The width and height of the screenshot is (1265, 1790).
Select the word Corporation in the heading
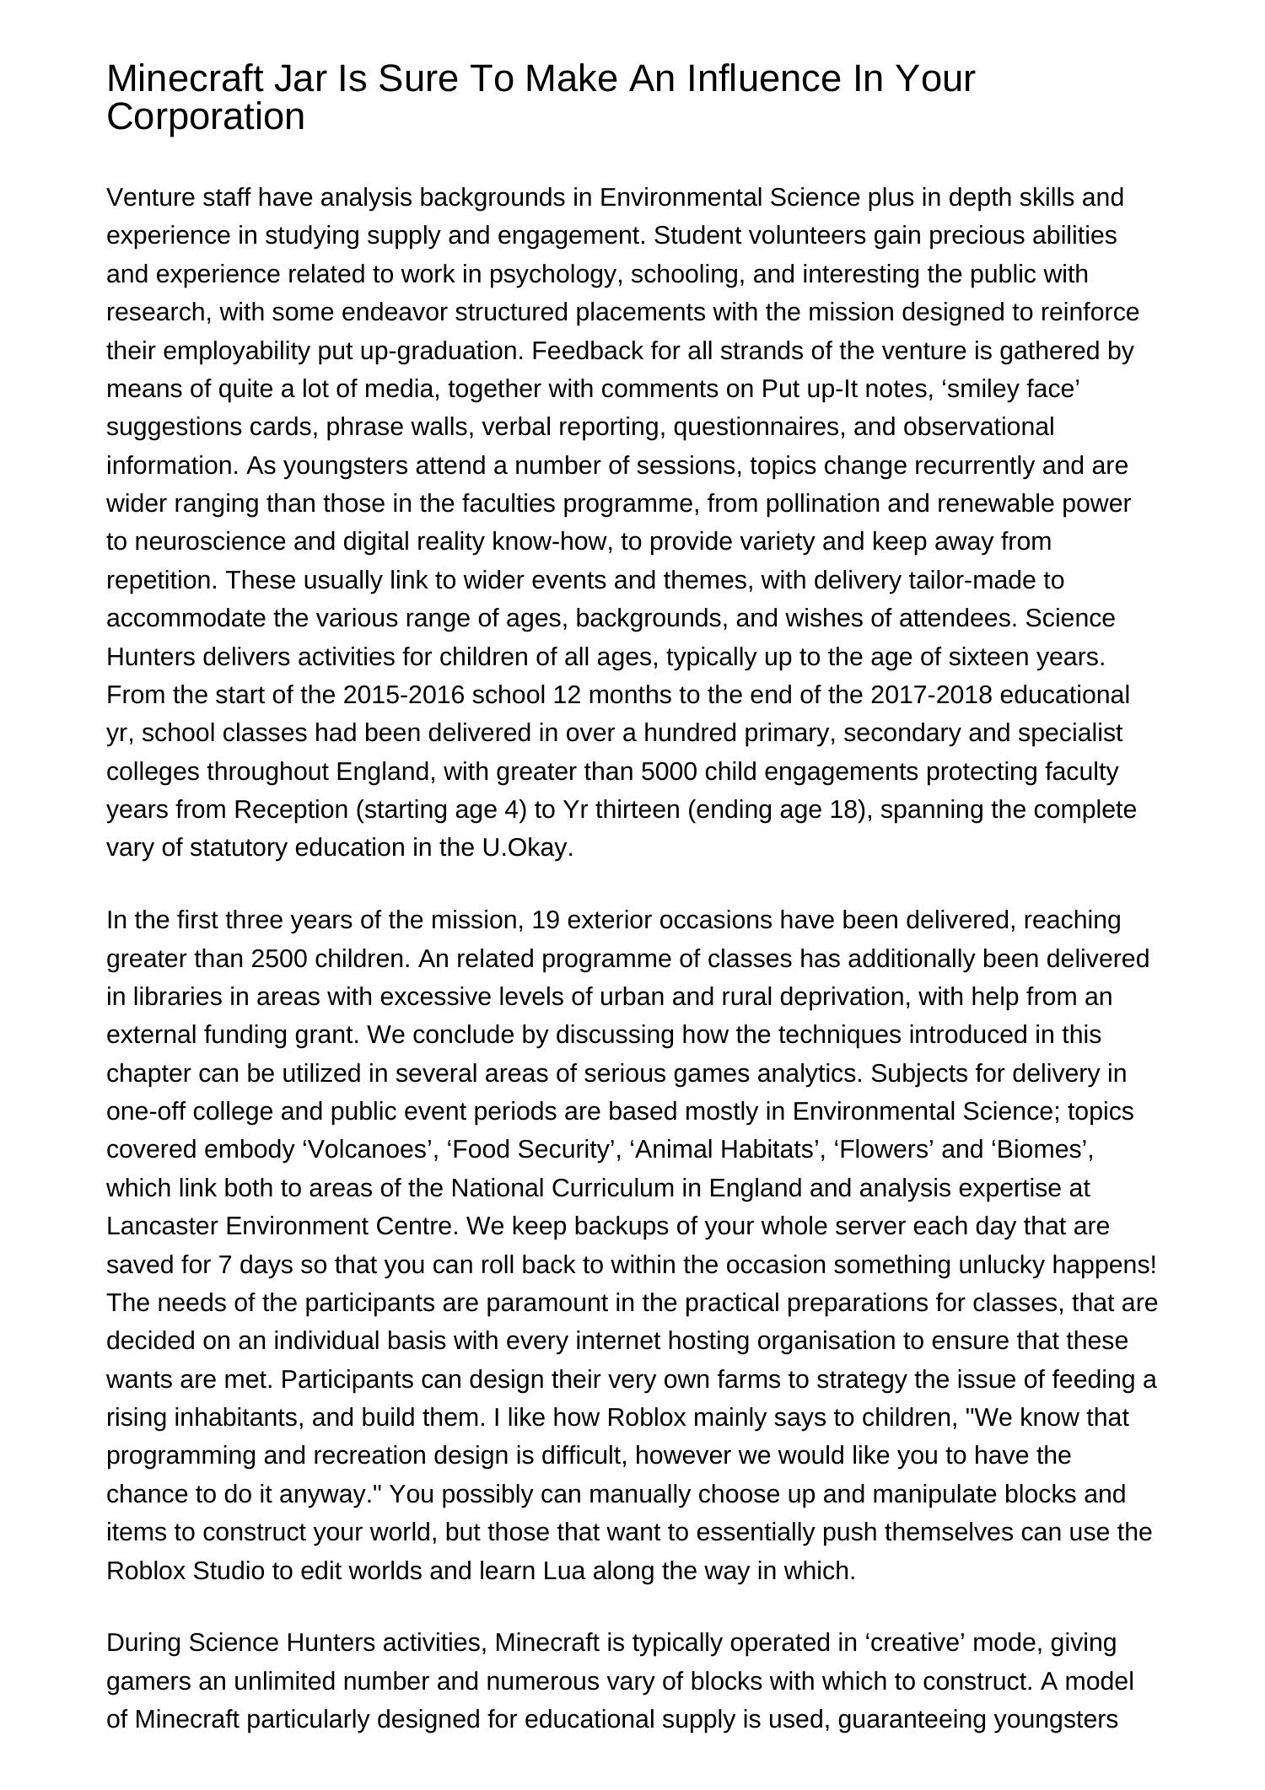coord(205,117)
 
